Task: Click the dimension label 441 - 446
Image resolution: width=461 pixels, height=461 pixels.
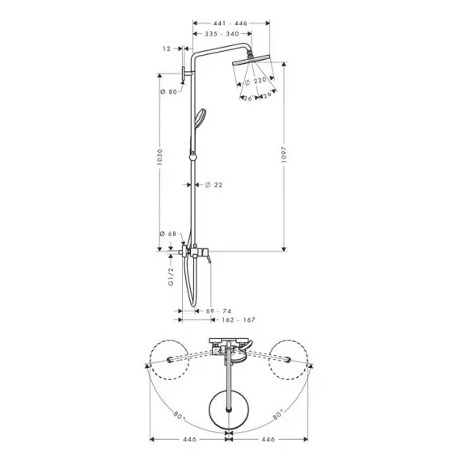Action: (230, 23)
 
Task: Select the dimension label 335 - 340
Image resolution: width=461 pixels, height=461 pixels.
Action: (222, 34)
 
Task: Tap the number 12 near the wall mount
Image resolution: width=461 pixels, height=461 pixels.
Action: (167, 49)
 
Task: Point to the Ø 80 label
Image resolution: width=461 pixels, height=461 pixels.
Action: (168, 91)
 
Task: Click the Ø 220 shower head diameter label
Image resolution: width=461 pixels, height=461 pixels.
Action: (256, 81)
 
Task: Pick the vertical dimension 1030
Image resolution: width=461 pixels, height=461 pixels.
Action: (159, 157)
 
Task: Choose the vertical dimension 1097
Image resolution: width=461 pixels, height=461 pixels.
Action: (284, 154)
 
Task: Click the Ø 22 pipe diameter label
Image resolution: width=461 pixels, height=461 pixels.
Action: (214, 185)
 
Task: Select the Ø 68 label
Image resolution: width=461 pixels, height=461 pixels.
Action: (168, 234)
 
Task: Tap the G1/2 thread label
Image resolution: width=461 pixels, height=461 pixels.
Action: (171, 277)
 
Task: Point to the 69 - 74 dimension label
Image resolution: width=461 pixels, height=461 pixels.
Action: (218, 311)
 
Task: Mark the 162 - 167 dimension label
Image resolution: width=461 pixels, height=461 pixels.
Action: (239, 320)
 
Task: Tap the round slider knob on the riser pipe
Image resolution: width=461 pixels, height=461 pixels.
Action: (192, 157)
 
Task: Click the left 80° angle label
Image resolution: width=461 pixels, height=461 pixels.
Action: (179, 416)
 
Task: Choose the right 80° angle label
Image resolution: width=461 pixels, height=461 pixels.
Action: (278, 415)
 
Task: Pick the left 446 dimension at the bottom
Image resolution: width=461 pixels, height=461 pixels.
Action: (189, 439)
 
